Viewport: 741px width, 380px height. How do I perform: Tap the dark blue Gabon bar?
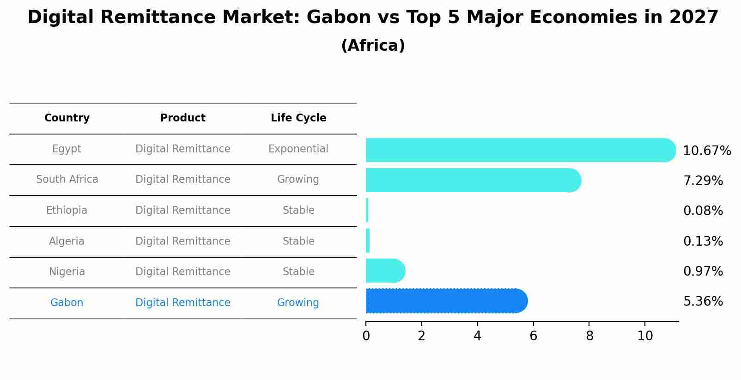coord(446,301)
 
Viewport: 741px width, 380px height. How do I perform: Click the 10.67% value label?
coord(706,151)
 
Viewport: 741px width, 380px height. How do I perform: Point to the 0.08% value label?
coord(703,211)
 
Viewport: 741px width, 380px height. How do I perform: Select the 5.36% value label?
coord(703,302)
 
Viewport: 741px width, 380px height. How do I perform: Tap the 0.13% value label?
coord(703,241)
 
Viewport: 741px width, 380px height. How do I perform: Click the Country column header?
coord(67,118)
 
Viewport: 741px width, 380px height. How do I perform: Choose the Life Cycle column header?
coord(298,118)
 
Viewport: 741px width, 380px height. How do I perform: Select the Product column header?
coord(183,118)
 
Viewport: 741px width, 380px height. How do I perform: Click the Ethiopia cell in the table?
coord(67,211)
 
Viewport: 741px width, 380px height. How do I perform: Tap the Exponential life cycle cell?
coord(298,149)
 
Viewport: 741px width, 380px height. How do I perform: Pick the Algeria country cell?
coord(67,241)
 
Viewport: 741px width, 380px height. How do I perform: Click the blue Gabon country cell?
coord(67,303)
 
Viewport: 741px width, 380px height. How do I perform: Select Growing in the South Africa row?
coord(298,180)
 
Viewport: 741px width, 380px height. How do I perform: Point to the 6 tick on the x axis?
coord(533,336)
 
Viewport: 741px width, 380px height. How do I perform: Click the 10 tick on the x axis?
coord(645,336)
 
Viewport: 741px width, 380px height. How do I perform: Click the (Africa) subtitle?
coord(373,46)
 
